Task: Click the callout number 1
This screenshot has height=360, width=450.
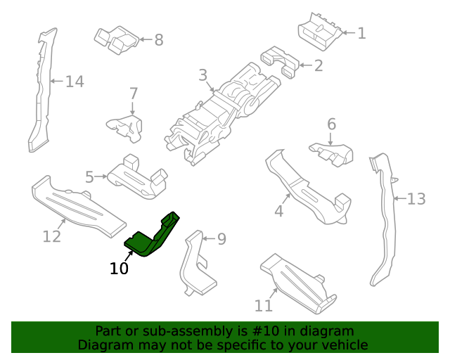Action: (x=361, y=33)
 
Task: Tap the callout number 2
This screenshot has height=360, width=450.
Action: (x=319, y=66)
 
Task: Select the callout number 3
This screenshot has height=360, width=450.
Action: (x=202, y=75)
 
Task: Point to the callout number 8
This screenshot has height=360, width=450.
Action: (x=158, y=40)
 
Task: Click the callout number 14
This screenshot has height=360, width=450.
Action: (x=75, y=82)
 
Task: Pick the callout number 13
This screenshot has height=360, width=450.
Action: (x=416, y=199)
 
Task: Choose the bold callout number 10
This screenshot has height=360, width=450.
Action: (x=119, y=268)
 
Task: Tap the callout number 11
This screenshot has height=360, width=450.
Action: (x=264, y=306)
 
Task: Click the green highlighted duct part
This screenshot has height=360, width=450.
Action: (x=153, y=236)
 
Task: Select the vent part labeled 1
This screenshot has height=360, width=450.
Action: (x=320, y=32)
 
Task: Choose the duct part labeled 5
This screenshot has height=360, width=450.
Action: (x=137, y=176)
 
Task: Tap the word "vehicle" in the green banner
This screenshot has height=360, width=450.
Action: (x=341, y=345)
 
